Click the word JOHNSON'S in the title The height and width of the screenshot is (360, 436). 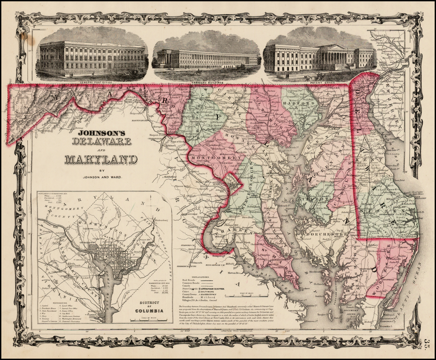[x=100, y=133]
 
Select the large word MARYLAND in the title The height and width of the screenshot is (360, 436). [x=101, y=160]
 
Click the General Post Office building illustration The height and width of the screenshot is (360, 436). [x=92, y=57]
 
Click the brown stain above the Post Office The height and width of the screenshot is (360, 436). [x=30, y=40]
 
